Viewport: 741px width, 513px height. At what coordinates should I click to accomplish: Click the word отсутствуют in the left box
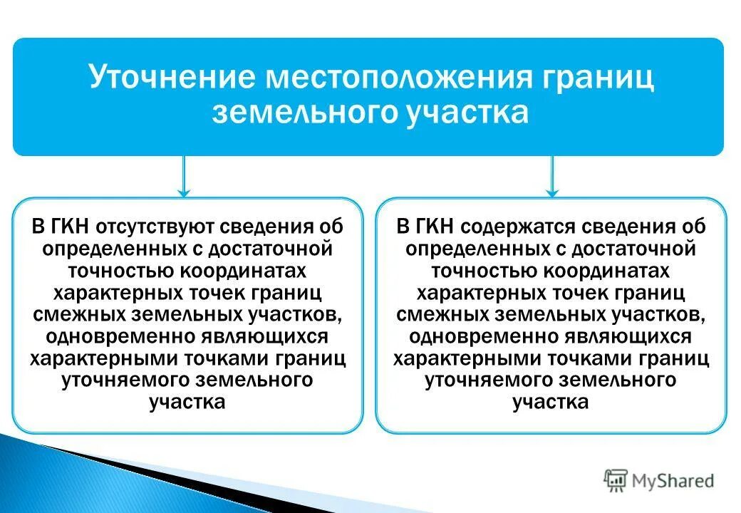pos(145,227)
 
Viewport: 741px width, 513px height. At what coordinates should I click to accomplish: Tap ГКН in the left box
pos(70,227)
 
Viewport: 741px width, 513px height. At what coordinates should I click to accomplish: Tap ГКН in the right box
pos(433,227)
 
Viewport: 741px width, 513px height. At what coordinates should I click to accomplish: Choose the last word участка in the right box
pos(551,402)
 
